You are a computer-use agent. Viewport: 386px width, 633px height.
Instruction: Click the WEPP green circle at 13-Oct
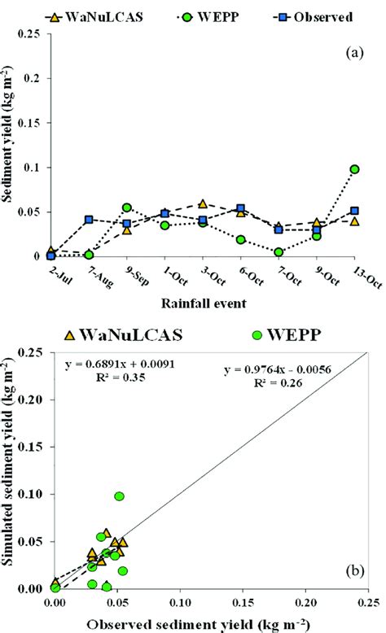click(x=354, y=169)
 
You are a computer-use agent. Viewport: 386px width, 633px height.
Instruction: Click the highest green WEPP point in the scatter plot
click(x=120, y=496)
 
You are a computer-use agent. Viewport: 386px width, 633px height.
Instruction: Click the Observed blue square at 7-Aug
click(x=89, y=220)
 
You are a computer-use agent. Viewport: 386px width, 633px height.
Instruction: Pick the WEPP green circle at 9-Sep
click(x=127, y=207)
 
